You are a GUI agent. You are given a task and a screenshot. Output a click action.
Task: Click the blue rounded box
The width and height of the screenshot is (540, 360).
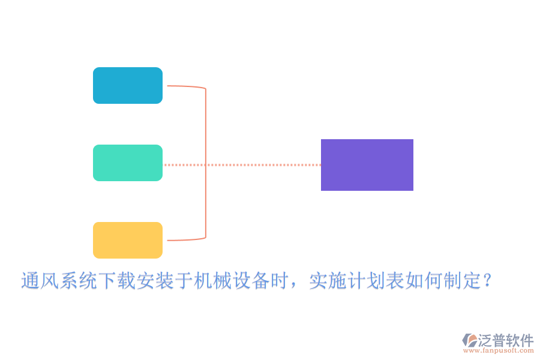(x=128, y=86)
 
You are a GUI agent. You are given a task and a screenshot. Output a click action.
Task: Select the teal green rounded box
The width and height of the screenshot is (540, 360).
(x=128, y=163)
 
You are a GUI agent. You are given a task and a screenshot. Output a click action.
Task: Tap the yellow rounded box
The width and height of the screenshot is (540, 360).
(x=128, y=240)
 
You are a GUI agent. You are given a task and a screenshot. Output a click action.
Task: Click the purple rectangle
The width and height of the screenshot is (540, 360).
(x=367, y=165)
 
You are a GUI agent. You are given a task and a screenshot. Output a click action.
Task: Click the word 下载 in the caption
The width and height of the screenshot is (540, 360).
(x=116, y=281)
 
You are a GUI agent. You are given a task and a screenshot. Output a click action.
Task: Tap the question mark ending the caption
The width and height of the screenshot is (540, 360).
(x=488, y=281)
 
